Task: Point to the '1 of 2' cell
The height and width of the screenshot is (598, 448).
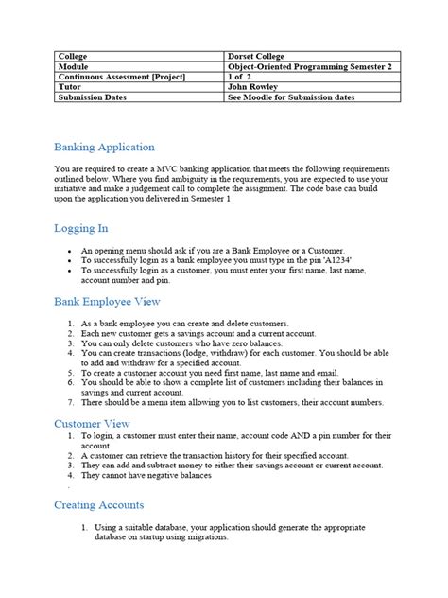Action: [245, 77]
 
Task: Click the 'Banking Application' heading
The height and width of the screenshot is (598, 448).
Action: [104, 148]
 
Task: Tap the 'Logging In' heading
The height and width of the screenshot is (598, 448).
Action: [81, 228]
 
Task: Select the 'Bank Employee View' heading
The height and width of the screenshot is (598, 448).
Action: [107, 302]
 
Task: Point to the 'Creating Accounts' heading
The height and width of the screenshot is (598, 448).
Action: [99, 505]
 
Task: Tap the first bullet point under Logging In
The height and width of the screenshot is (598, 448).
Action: [71, 248]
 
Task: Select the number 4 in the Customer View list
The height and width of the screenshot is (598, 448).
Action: [71, 476]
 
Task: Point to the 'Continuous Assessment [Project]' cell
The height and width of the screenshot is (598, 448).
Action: [121, 77]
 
